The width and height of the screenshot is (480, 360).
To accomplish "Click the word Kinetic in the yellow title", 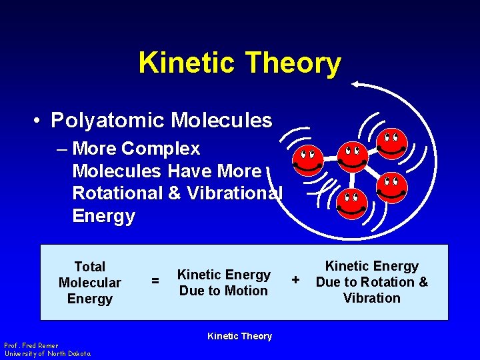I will (187, 63).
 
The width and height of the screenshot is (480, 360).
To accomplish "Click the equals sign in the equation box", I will (155, 282).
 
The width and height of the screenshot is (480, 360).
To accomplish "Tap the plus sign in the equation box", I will (296, 277).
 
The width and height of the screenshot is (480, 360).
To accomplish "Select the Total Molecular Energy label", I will (89, 283).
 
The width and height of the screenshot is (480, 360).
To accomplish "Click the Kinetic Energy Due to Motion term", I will (223, 283).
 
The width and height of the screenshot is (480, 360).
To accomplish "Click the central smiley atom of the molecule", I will (351, 157).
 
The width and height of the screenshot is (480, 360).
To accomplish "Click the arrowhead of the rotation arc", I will (357, 84).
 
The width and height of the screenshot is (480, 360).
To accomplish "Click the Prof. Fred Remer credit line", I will (31, 345).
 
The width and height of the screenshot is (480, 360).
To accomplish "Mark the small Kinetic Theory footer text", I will (239, 336).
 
